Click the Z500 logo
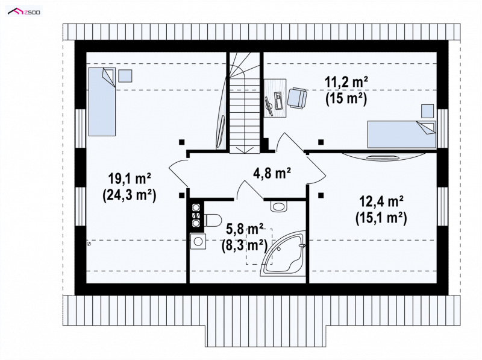24,11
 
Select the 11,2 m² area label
346,83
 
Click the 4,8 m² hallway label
272,173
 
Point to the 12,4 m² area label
381,202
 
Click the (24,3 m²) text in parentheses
129,195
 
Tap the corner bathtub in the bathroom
283,253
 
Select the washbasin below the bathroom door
279,206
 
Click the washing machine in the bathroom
198,241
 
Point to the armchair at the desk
297,98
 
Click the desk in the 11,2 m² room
275,98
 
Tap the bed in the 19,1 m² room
102,101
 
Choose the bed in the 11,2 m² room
402,134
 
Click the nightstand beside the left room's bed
125,76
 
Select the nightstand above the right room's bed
427,111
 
